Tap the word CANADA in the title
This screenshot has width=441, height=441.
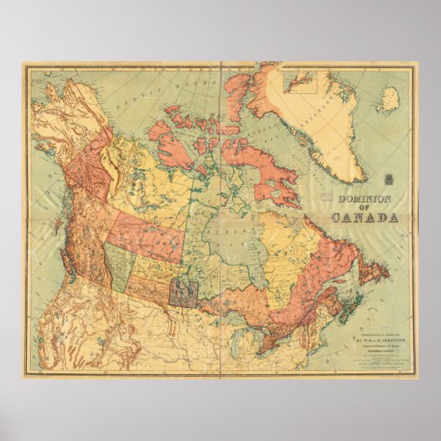click(364, 218)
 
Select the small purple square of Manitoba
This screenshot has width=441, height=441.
click(182, 291)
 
